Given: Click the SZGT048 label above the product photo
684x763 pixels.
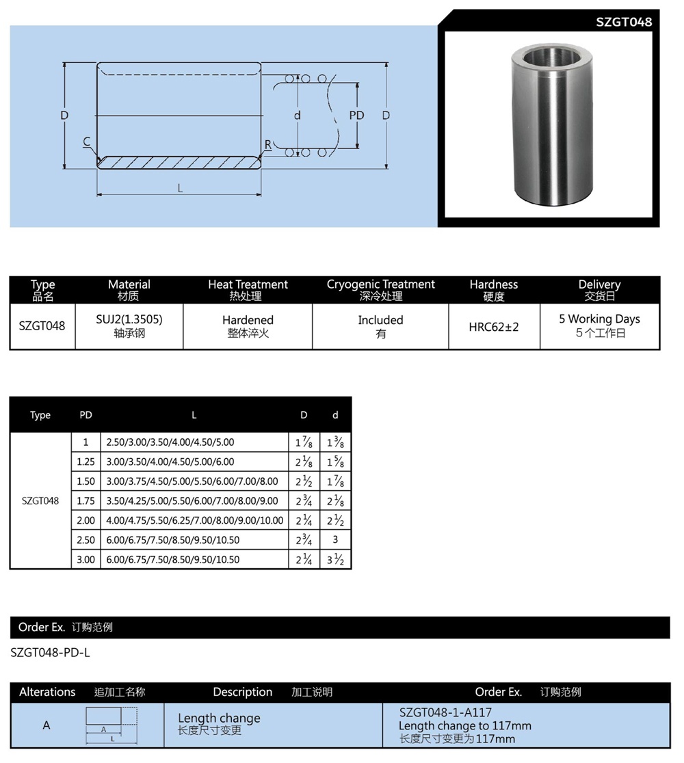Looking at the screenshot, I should [624, 22].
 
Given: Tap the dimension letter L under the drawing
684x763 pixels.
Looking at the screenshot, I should [180, 188].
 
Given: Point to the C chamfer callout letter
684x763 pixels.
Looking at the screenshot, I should [87, 142].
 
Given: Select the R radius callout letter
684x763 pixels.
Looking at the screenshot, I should [268, 144].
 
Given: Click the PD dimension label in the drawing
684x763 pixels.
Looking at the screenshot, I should [356, 116].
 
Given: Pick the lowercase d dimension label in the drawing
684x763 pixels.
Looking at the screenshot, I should [297, 116].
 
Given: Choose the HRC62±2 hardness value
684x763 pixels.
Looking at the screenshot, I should [494, 327].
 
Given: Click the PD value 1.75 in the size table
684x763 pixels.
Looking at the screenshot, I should [86, 500].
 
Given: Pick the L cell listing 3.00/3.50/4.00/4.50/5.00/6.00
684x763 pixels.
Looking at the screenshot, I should [170, 461].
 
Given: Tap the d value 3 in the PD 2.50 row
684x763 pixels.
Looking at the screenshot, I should [335, 539].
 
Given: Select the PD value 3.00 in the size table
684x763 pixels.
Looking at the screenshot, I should [86, 559].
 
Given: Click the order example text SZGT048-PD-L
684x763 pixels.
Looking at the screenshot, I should [51, 652].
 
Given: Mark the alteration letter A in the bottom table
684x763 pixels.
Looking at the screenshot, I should [47, 725].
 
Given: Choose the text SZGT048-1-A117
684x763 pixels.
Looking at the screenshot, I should [445, 712].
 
